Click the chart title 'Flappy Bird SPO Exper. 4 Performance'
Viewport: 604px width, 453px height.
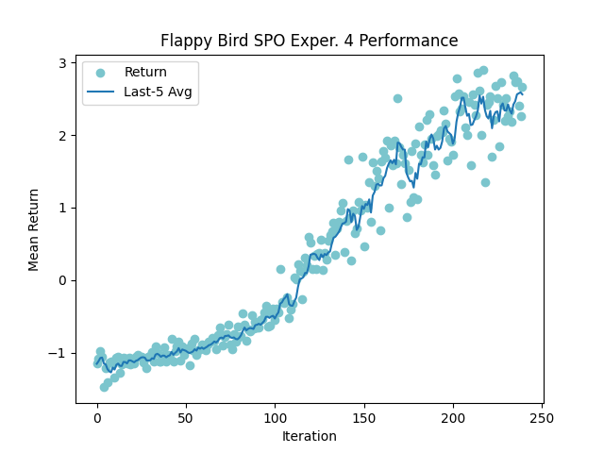click(309, 41)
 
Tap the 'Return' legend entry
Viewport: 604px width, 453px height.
click(145, 72)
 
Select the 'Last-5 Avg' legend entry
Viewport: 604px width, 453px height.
click(160, 92)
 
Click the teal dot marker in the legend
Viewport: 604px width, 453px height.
click(101, 72)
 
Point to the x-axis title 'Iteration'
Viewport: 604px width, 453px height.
click(309, 436)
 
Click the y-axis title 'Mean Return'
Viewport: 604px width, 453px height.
click(34, 229)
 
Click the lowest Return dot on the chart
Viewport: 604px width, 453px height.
click(104, 387)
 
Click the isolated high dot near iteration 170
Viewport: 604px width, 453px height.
click(397, 98)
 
